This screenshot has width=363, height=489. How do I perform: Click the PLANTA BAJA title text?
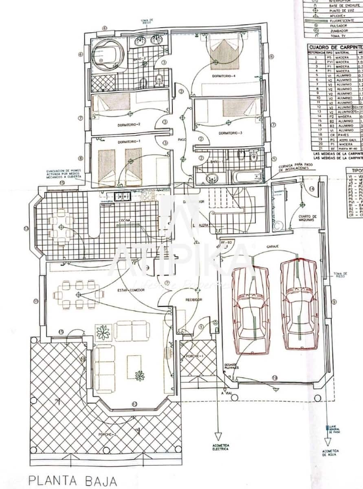(73, 480)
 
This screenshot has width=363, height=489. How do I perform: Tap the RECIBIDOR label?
(194, 300)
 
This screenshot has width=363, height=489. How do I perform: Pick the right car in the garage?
(299, 304)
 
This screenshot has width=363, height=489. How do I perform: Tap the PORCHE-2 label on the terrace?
(108, 435)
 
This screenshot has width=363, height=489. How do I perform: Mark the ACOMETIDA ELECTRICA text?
(220, 447)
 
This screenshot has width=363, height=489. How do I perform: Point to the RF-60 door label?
(226, 242)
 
